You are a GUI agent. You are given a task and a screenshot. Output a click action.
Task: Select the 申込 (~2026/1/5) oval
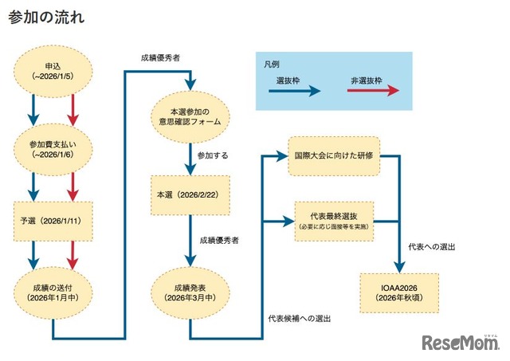point(51,70)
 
